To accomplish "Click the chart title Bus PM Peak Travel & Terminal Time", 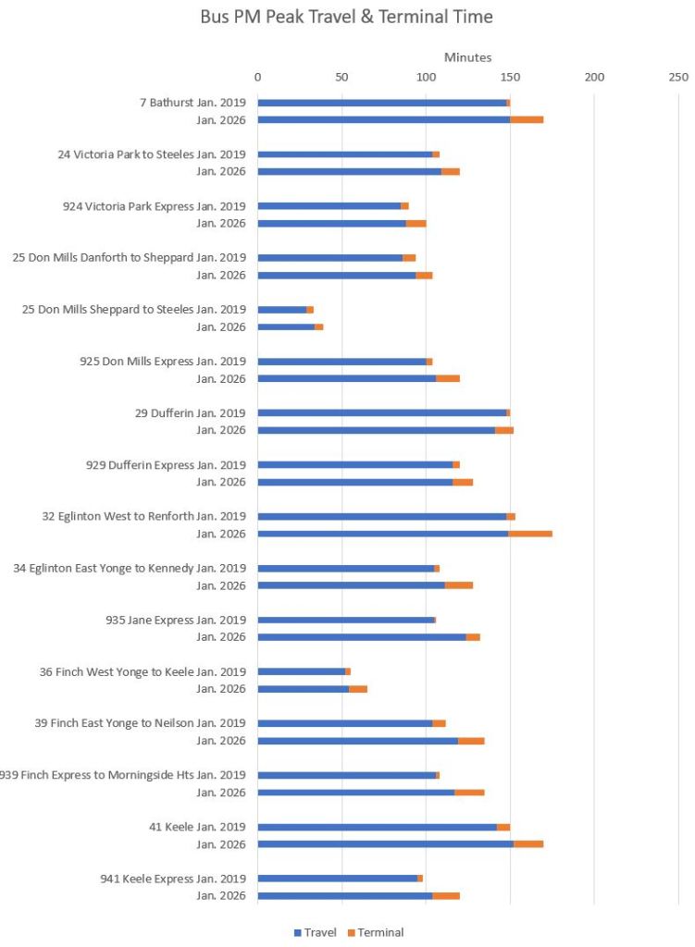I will click(346, 17).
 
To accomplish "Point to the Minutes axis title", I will click(467, 57).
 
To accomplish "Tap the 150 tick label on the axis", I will click(510, 76).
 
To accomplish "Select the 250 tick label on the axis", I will click(678, 76).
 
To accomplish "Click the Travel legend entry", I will click(316, 932).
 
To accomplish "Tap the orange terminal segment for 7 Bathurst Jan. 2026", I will click(527, 119).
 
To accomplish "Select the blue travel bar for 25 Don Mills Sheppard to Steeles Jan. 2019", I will click(282, 310).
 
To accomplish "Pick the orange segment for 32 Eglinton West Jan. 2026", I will click(530, 534).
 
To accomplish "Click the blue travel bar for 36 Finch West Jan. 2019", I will click(301, 671).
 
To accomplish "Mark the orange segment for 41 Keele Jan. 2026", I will click(528, 844).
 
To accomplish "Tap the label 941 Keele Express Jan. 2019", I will click(173, 879).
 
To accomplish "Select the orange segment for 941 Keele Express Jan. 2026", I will click(446, 896).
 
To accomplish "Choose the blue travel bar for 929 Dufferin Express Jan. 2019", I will click(354, 465).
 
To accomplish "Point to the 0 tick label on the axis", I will click(257, 76).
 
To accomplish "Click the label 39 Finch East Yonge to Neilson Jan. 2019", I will click(141, 723).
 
